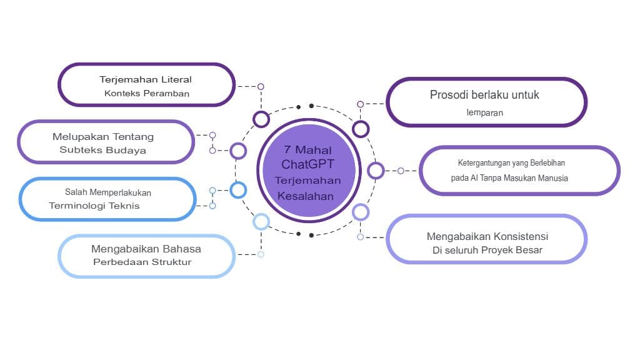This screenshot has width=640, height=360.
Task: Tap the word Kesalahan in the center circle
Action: click(x=306, y=196)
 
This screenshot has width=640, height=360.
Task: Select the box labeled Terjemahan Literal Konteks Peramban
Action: click(x=146, y=84)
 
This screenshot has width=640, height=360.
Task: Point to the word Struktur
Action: click(x=171, y=262)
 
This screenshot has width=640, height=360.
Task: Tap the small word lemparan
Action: click(x=484, y=113)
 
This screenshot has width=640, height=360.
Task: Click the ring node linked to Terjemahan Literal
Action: click(x=261, y=119)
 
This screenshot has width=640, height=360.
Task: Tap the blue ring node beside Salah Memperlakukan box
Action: click(x=238, y=190)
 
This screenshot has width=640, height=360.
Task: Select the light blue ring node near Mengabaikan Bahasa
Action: click(x=261, y=221)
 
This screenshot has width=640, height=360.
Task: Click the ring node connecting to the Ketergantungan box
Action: click(x=376, y=170)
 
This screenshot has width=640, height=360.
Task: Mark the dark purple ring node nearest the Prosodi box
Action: click(x=361, y=129)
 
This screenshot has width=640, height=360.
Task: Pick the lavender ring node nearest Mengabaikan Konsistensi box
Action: click(x=361, y=212)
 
